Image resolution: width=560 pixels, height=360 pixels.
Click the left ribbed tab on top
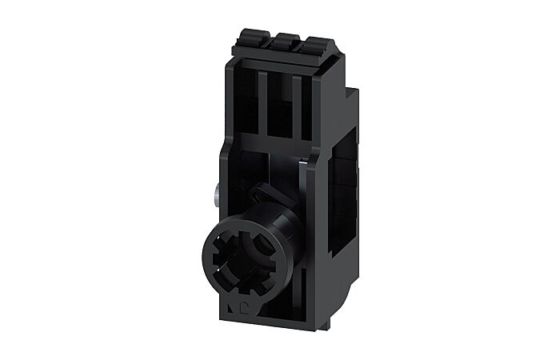coord(245,38)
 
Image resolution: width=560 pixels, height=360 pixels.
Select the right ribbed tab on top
coord(294,39)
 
